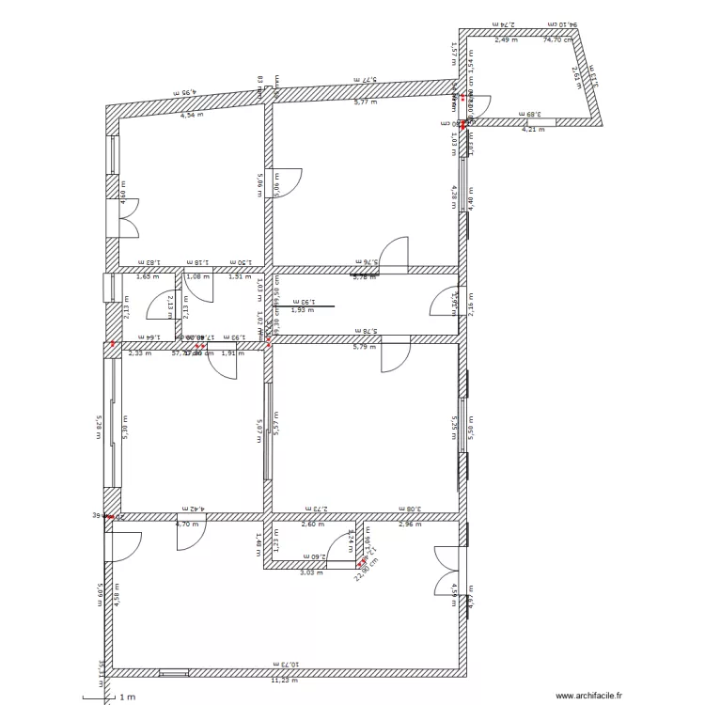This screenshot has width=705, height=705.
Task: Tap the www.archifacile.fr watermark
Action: [588, 696]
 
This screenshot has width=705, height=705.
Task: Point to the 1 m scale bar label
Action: [126, 697]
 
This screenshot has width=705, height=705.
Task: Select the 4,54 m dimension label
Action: [192, 114]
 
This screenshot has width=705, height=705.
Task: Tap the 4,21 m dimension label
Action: [532, 130]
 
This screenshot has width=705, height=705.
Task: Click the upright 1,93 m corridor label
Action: [302, 310]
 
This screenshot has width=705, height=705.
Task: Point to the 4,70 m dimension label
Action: [189, 524]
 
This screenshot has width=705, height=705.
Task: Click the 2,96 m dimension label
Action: [410, 524]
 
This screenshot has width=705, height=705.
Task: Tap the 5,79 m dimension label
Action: [364, 347]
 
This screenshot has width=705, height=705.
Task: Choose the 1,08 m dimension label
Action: [197, 277]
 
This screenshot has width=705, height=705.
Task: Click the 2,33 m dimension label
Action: [139, 353]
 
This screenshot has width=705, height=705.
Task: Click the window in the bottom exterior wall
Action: [173, 672]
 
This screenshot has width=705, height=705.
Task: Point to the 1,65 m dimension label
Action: [145, 277]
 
